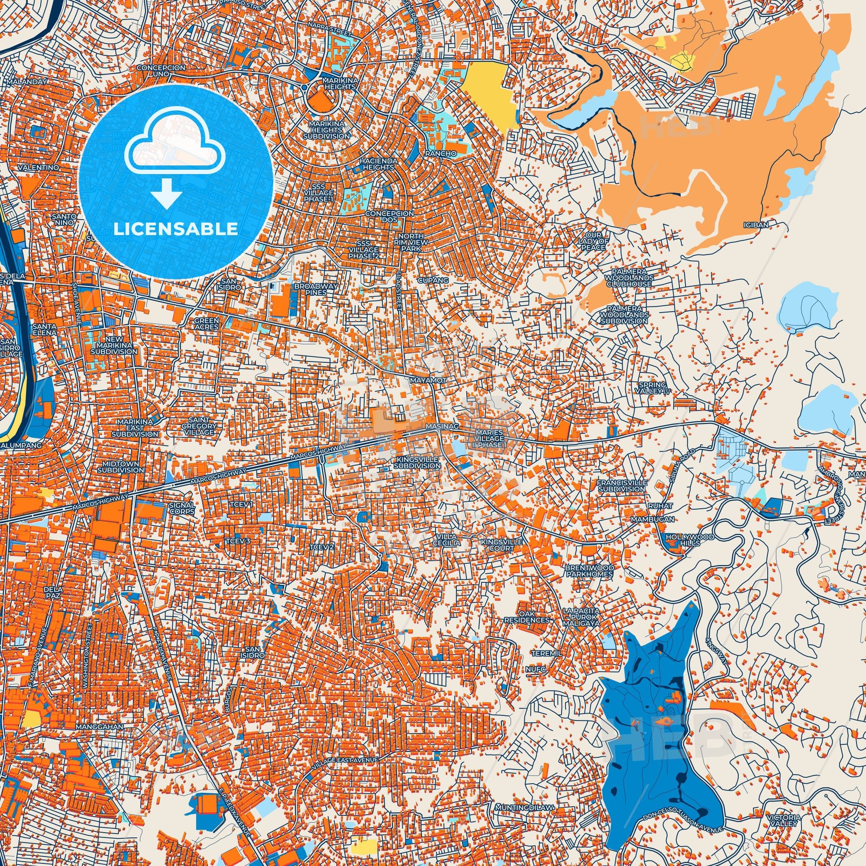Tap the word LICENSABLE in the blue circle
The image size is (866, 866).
(176, 229)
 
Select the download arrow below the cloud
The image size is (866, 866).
(166, 192)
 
